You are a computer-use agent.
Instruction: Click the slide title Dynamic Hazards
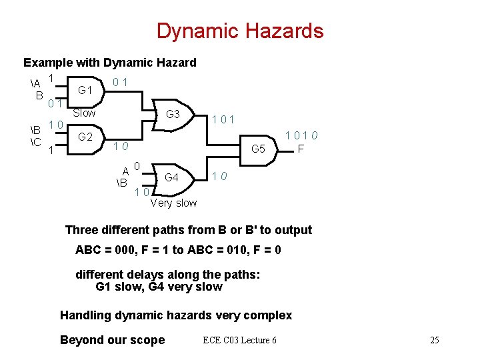pyautogui.click(x=240, y=31)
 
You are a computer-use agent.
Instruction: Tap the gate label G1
pyautogui.click(x=85, y=89)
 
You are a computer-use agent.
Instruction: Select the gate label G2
pyautogui.click(x=85, y=137)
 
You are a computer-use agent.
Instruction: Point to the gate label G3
pyautogui.click(x=173, y=114)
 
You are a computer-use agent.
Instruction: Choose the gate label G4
pyautogui.click(x=171, y=177)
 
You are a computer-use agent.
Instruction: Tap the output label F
pyautogui.click(x=301, y=149)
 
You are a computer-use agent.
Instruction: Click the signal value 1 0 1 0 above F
pyautogui.click(x=301, y=136)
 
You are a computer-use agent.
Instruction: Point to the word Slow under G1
pyautogui.click(x=84, y=113)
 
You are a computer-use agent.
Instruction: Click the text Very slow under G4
pyautogui.click(x=173, y=203)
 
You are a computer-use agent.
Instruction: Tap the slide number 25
pyautogui.click(x=434, y=340)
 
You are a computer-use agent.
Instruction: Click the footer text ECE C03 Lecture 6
pyautogui.click(x=239, y=340)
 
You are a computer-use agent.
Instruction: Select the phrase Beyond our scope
pyautogui.click(x=112, y=340)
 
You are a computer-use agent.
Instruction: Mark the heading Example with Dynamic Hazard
pyautogui.click(x=110, y=63)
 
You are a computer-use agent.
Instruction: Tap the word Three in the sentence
pyautogui.click(x=82, y=230)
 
